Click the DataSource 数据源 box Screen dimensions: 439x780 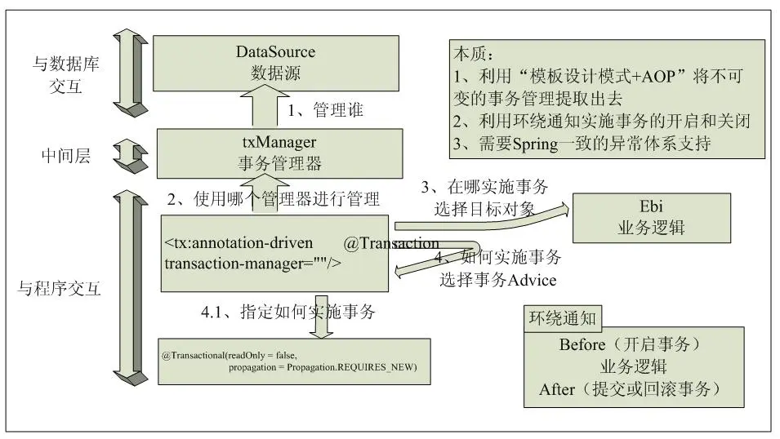276,64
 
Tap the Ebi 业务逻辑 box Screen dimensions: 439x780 651,217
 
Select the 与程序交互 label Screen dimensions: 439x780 60,288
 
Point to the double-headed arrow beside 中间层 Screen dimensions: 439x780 127,153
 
